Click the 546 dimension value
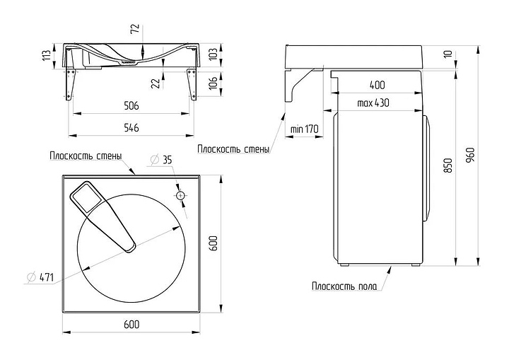pyautogui.click(x=131, y=127)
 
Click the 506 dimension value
pyautogui.click(x=131, y=105)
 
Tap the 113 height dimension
pyautogui.click(x=47, y=55)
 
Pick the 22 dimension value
pyautogui.click(x=155, y=83)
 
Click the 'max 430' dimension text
pyautogui.click(x=373, y=103)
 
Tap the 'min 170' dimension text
pyautogui.click(x=305, y=129)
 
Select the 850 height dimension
pyautogui.click(x=447, y=166)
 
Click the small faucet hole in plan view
pyautogui.click(x=180, y=194)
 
